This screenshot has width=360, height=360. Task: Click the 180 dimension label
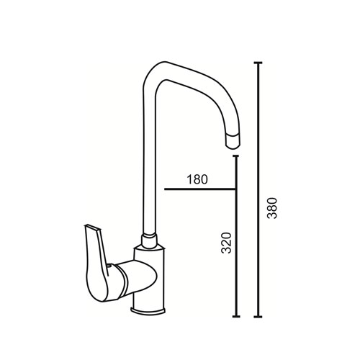[197, 179]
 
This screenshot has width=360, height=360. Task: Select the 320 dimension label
[226, 243]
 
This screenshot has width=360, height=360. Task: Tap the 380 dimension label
[272, 208]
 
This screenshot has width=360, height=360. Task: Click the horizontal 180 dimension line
[200, 189]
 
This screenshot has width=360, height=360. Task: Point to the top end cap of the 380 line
[258, 63]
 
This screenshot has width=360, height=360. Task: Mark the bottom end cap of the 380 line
[258, 317]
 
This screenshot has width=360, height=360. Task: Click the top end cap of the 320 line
[236, 156]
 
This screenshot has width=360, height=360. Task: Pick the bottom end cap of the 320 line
[236, 317]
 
